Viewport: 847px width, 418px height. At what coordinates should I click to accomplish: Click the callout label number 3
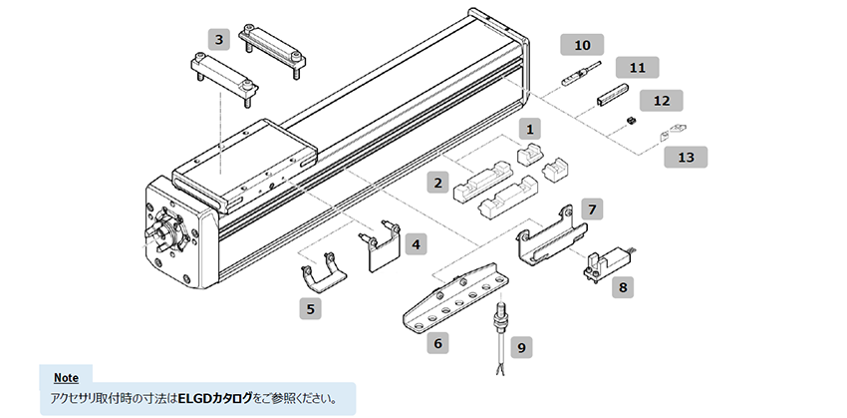219,41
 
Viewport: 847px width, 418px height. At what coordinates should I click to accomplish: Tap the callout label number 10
582,45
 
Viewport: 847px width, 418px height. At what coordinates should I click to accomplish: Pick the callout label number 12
661,101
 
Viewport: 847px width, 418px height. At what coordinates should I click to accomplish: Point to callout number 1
531,129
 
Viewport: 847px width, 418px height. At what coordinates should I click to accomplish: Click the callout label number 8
624,287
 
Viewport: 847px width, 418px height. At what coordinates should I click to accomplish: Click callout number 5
312,308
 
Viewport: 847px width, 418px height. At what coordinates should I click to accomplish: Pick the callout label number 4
416,242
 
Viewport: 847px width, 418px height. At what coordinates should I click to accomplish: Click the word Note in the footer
66,378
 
